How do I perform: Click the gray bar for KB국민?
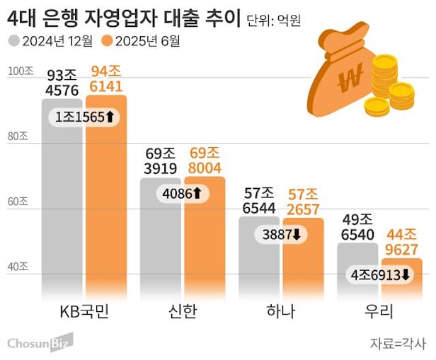(62, 212)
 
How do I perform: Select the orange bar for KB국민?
(106, 212)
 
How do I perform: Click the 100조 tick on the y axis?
(19, 72)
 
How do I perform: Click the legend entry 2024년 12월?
(51, 40)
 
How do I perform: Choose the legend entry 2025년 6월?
(142, 40)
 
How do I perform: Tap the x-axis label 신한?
(183, 311)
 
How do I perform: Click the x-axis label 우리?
(379, 311)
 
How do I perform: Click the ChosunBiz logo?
(40, 342)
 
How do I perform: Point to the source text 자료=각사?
(398, 343)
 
